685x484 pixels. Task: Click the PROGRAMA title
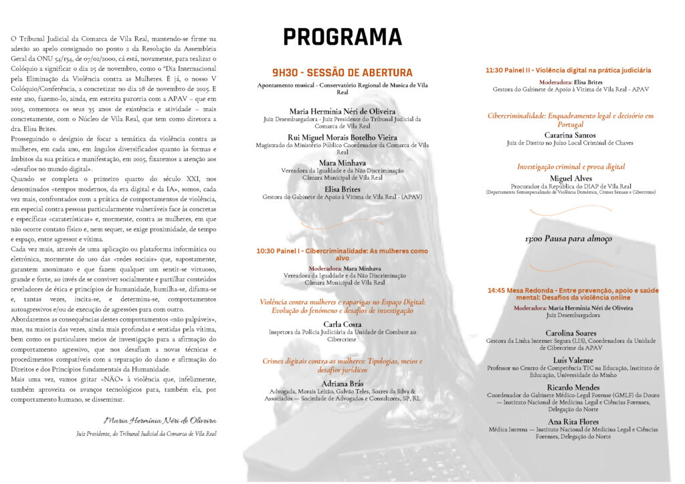342,37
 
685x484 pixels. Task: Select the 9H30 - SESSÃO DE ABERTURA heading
342,73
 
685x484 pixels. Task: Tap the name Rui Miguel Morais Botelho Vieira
342,138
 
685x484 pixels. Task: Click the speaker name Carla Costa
342,324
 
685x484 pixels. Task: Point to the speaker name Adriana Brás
342,383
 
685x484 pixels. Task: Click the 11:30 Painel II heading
568,70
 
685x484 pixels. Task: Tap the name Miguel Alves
571,178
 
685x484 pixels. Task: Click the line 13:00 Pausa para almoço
568,239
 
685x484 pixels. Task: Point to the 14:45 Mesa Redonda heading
573,294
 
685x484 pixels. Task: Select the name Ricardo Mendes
571,387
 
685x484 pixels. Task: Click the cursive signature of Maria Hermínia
160,420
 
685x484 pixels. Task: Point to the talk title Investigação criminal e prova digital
571,166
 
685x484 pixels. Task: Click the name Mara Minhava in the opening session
342,162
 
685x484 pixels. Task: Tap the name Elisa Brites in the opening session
342,189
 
